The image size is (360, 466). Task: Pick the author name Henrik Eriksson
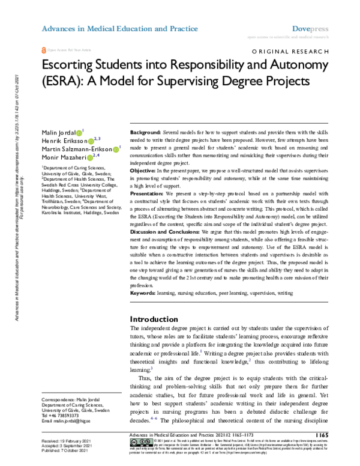click(63, 140)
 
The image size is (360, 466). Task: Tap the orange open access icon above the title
click(44, 52)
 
